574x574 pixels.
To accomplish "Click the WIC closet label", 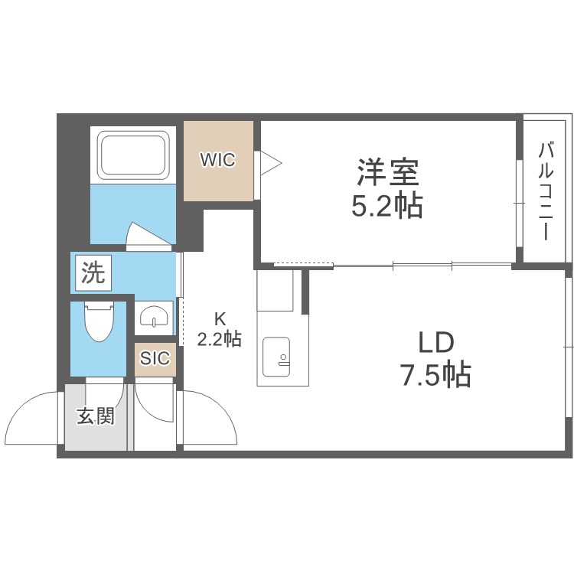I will tap(217, 161).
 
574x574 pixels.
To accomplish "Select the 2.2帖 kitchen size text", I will tap(220, 338).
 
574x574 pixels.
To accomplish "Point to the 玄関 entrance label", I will tap(95, 416).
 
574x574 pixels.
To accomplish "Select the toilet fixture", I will tap(99, 321).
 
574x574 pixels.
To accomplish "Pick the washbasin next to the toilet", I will tap(155, 317).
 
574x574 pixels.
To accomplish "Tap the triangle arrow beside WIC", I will tap(270, 161).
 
